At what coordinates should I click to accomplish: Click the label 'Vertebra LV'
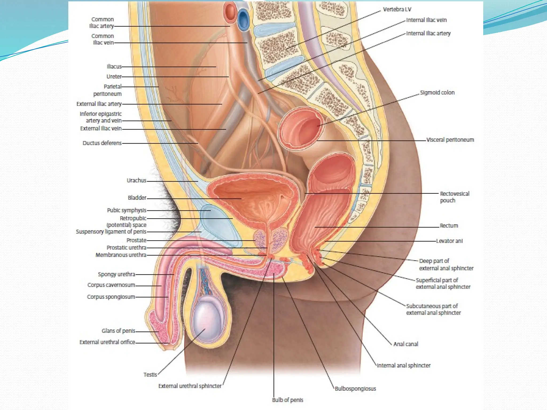397,10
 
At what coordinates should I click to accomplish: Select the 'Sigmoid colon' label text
437,93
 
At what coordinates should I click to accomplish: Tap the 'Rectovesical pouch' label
454,197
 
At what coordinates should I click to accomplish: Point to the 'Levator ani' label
449,241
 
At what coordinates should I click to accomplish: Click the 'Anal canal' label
406,344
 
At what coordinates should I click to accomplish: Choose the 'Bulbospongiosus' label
355,389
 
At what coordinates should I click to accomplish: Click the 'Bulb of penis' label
287,400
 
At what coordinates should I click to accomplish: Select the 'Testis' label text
150,375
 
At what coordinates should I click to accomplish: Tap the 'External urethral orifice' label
107,342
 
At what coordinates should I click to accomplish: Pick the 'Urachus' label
136,180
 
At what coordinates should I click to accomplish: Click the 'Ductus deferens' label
102,143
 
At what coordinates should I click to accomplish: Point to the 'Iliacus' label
114,66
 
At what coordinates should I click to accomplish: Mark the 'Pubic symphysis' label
127,210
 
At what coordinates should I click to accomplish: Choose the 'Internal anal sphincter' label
404,365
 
